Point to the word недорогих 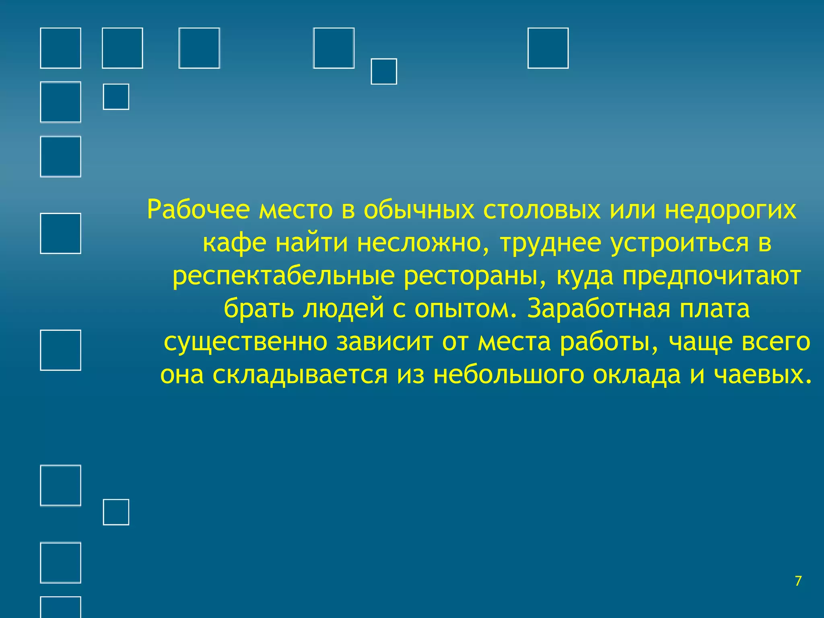[730, 210]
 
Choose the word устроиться [680, 243]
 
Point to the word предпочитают [712, 276]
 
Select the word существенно [245, 342]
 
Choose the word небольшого [508, 375]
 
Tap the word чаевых [762, 375]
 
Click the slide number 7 [798, 581]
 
